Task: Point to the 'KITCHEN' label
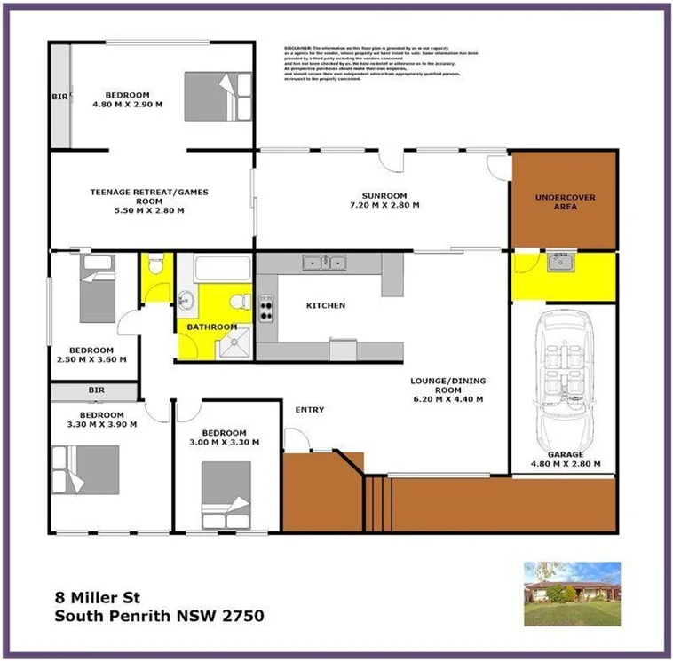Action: (x=325, y=306)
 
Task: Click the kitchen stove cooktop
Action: (x=266, y=308)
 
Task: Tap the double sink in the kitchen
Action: (x=323, y=262)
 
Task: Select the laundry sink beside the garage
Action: (x=559, y=262)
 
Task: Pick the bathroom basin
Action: (x=186, y=299)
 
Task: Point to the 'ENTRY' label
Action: (x=310, y=410)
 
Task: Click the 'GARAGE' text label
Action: (x=566, y=454)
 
